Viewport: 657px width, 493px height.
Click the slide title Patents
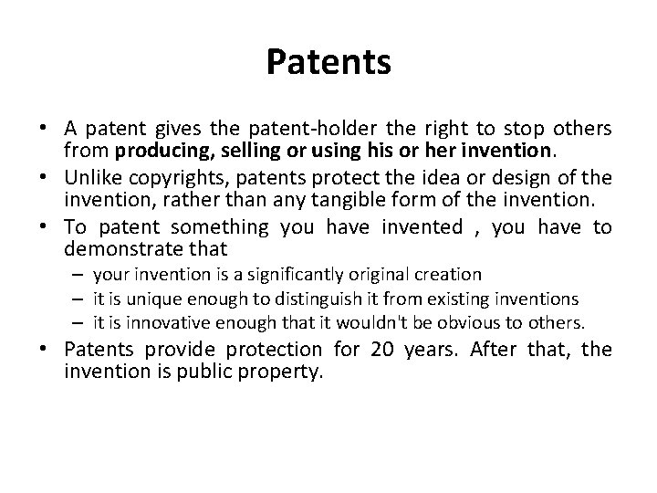click(x=328, y=63)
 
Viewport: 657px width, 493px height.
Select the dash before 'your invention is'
click(x=80, y=275)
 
